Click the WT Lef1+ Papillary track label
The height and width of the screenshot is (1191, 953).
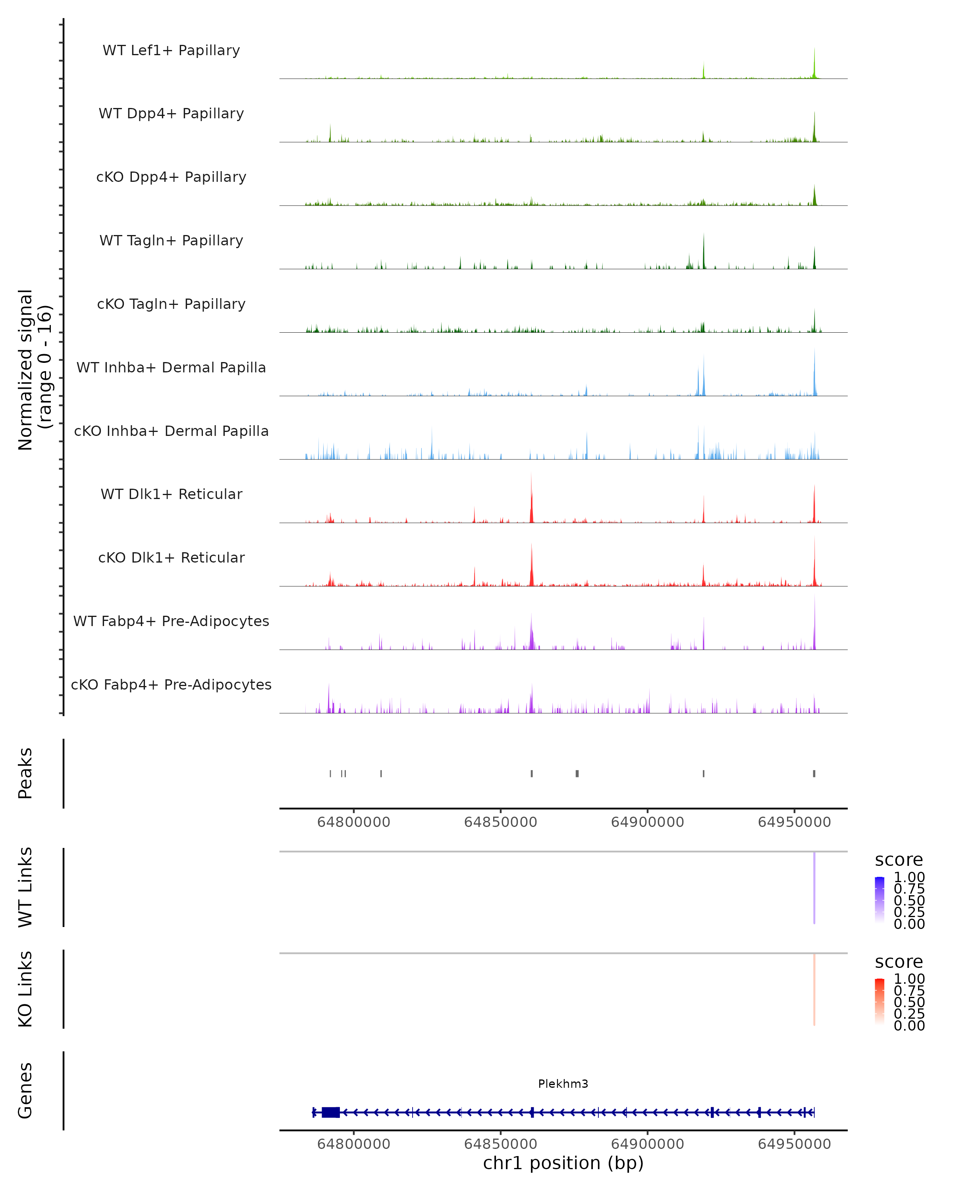tap(171, 50)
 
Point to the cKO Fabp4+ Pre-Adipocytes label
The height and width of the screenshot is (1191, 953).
tap(171, 684)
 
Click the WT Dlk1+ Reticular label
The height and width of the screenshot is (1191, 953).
tap(171, 494)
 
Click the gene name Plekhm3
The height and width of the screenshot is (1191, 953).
tap(563, 1083)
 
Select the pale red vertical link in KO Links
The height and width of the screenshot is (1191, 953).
tap(814, 989)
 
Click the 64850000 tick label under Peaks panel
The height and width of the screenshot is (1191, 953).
tap(501, 822)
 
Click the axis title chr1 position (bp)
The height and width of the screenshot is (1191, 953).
tap(563, 1163)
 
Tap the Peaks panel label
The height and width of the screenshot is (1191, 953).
tap(25, 773)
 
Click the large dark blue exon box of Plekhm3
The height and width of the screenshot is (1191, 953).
tap(330, 1112)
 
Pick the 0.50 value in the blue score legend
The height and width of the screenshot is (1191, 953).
tap(909, 900)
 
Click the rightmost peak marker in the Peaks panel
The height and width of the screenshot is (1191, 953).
tap(814, 773)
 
